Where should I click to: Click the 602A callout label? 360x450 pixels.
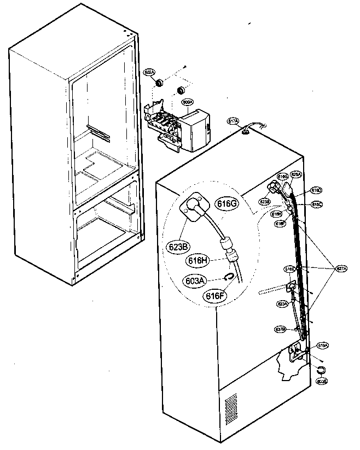(149, 72)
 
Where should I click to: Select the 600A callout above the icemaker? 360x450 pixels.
(187, 102)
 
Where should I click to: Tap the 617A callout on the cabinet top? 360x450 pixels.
(233, 121)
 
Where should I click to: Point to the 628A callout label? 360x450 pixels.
(295, 174)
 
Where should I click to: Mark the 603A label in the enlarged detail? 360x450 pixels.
(195, 280)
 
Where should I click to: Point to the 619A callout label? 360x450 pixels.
(323, 346)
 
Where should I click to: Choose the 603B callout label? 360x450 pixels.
(321, 382)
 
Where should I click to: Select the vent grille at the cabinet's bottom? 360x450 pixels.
(231, 405)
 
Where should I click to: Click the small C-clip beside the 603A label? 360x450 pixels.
(230, 278)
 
